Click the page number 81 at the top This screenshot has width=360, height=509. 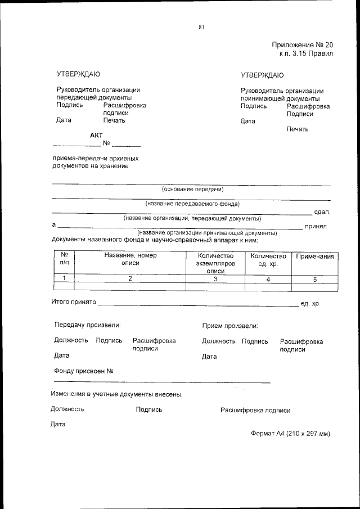[x=201, y=26]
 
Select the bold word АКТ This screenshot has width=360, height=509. [x=97, y=135]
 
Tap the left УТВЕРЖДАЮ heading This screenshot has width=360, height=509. [x=79, y=74]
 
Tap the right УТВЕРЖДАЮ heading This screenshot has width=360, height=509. [x=262, y=75]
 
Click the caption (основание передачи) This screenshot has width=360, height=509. [x=192, y=189]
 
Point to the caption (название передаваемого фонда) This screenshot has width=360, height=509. [x=192, y=204]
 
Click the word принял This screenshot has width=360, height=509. [x=316, y=227]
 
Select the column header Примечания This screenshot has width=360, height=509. [x=315, y=256]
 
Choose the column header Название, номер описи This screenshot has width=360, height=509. [x=130, y=259]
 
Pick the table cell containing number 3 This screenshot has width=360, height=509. [x=214, y=278]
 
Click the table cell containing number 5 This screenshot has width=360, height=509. [x=315, y=279]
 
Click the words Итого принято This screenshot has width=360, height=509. [x=74, y=303]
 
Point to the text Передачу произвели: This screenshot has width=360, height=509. [x=87, y=325]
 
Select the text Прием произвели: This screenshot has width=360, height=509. [x=230, y=326]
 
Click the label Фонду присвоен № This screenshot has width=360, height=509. [x=84, y=371]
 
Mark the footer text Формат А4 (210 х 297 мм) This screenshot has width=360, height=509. [x=290, y=434]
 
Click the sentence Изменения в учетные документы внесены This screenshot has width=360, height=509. [x=116, y=394]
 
